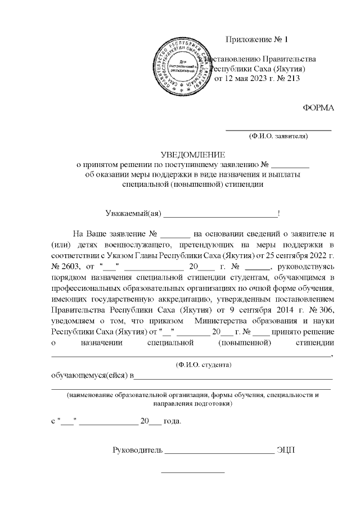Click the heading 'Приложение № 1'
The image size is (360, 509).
pos(256,39)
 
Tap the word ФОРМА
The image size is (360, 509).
pos(318,108)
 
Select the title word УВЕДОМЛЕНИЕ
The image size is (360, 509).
pos(193,155)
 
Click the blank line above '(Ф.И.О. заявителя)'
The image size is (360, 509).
pos(278,130)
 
